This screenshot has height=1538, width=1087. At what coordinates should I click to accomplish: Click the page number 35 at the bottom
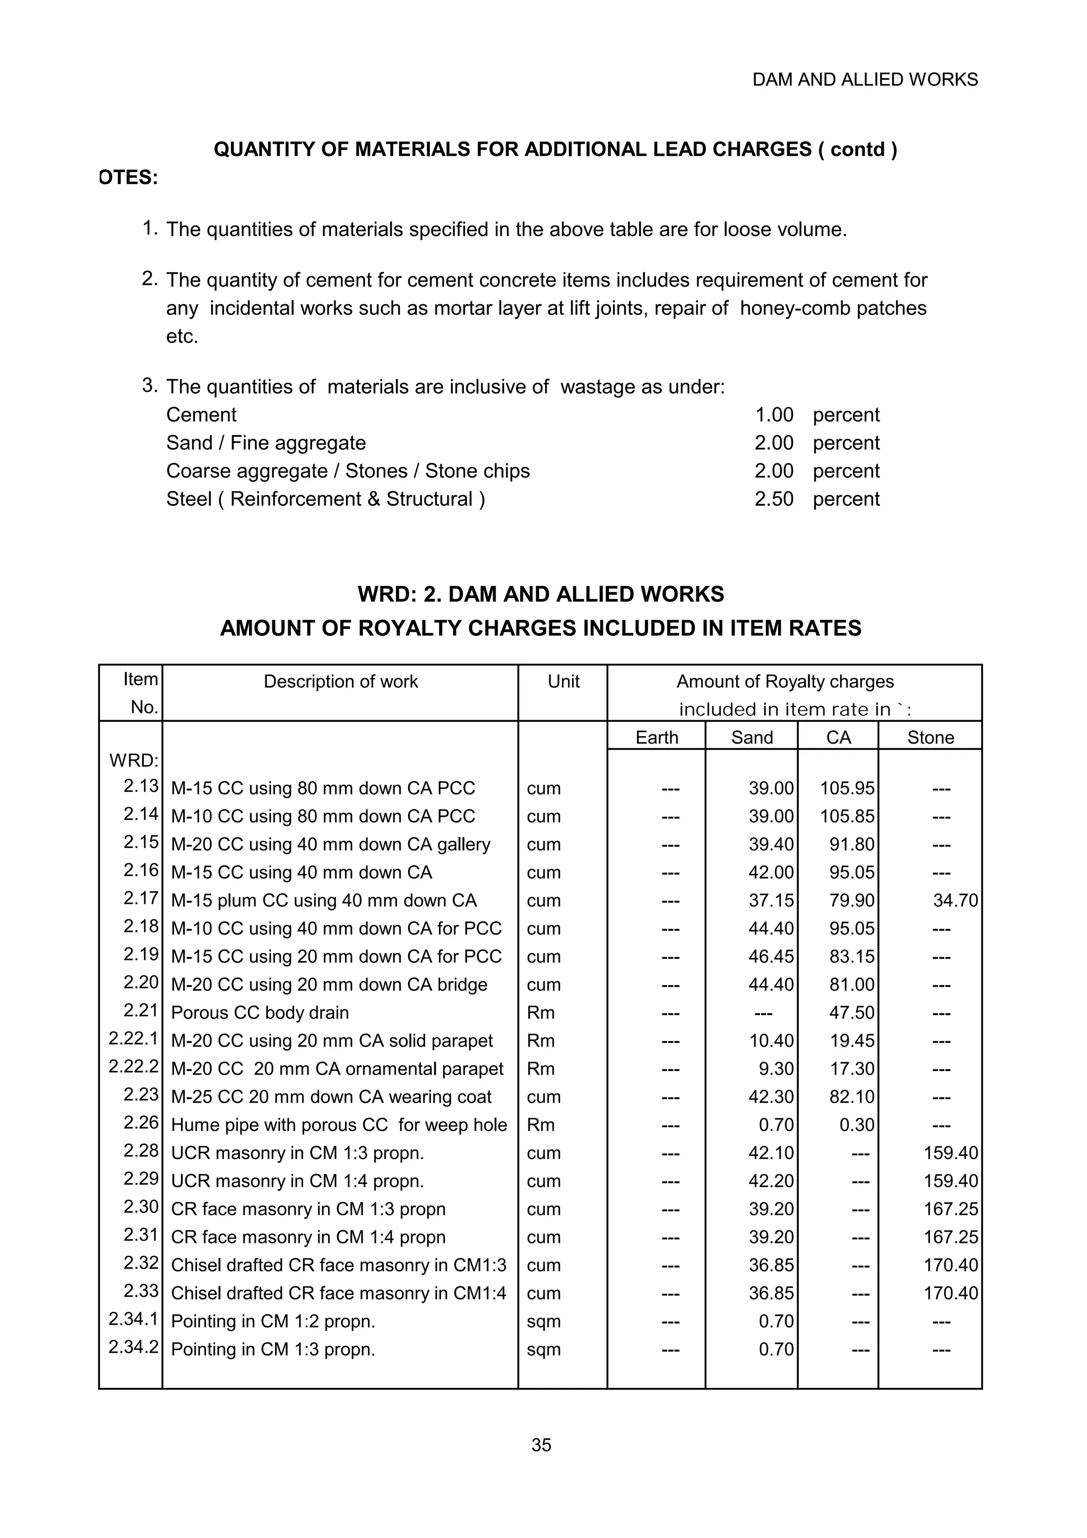pos(541,1445)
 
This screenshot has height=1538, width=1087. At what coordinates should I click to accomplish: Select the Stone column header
pos(930,738)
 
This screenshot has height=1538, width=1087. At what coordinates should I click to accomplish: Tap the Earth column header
pos(657,738)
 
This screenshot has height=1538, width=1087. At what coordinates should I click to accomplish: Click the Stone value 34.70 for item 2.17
pos(955,900)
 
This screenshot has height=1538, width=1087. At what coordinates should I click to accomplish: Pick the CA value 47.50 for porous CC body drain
pos(851,1012)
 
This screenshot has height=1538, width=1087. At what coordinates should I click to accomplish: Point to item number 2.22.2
pos(133,1066)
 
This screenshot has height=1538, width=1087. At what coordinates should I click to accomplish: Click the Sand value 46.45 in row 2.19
pos(771,956)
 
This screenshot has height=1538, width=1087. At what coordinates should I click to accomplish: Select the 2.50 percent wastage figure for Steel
pos(773,499)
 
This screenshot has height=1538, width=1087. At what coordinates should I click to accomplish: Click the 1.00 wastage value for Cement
pos(774,414)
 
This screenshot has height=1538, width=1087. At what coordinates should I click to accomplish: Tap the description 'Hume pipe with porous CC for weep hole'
pos(339,1125)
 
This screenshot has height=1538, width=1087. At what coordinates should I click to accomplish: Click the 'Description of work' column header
pos(340,682)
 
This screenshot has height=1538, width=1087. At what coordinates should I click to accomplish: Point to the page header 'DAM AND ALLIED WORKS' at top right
pos(865,80)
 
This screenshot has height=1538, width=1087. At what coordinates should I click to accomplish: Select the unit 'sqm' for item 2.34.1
pos(543,1321)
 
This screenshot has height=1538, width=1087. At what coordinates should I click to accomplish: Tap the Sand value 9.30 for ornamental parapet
pos(775,1068)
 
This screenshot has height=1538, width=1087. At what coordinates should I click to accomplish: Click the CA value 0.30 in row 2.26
pos(857,1125)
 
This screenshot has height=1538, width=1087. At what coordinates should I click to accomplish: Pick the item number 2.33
pos(141,1291)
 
